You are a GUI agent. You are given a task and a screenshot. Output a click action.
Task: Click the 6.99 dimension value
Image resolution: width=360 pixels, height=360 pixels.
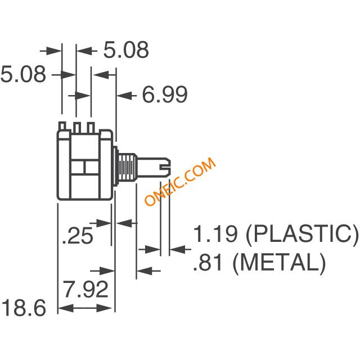[165, 94]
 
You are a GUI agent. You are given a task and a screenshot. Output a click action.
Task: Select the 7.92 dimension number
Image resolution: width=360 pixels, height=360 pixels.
[85, 289]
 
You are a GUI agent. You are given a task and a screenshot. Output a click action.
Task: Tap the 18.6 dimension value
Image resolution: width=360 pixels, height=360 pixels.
[24, 308]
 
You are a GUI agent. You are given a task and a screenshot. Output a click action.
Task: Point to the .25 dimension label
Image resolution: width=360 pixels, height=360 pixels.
[78, 235]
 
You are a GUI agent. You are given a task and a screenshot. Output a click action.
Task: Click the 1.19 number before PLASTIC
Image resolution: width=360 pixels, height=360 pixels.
[215, 234]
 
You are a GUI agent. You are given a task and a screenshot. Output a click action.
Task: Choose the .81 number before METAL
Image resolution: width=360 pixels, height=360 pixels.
[208, 263]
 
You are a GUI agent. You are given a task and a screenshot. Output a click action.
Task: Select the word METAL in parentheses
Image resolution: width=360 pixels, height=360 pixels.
[279, 263]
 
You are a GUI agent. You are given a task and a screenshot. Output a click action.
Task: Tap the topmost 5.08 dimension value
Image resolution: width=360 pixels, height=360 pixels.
[126, 50]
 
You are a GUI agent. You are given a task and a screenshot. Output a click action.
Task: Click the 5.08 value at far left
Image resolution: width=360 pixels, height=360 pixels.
[23, 74]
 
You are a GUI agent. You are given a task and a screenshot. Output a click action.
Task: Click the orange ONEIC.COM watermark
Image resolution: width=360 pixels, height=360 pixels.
[181, 181]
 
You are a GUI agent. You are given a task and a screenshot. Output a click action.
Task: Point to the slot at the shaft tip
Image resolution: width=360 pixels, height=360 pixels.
[165, 168]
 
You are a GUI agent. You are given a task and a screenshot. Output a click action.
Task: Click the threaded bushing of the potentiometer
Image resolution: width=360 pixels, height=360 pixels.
[127, 168]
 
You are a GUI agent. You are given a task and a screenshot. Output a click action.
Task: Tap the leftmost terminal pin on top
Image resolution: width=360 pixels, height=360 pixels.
[62, 127]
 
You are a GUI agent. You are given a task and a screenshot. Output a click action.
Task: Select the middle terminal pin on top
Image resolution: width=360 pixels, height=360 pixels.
[77, 128]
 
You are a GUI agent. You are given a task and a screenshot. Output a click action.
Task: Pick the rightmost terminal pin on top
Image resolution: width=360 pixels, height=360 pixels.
[91, 128]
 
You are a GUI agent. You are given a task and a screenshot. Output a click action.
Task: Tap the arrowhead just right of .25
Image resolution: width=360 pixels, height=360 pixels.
[124, 223]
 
